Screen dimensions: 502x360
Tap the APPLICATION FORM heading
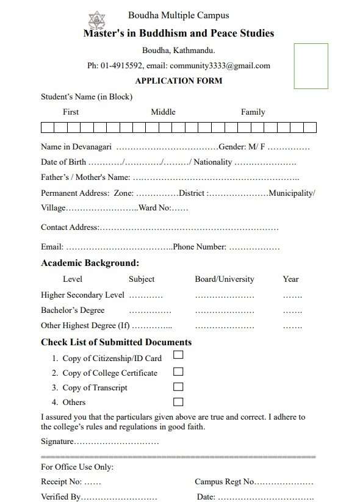click(x=178, y=81)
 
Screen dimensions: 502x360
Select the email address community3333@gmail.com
click(x=220, y=66)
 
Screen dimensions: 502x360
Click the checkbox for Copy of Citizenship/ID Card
click(x=178, y=355)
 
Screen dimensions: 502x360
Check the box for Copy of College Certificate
click(x=178, y=371)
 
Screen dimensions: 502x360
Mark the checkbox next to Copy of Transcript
click(x=178, y=387)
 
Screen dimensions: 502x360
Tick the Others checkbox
click(x=178, y=401)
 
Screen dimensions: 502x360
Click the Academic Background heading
click(x=90, y=264)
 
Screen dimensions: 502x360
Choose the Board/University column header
click(x=224, y=279)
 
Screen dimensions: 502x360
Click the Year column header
click(x=290, y=279)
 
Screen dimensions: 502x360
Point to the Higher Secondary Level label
click(x=82, y=295)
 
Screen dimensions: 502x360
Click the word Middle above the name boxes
click(x=163, y=112)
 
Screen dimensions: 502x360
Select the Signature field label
click(x=57, y=442)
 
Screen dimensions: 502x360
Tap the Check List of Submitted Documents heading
click(x=116, y=342)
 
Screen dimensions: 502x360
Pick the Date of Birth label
click(x=63, y=162)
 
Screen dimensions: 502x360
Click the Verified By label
click(x=60, y=497)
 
